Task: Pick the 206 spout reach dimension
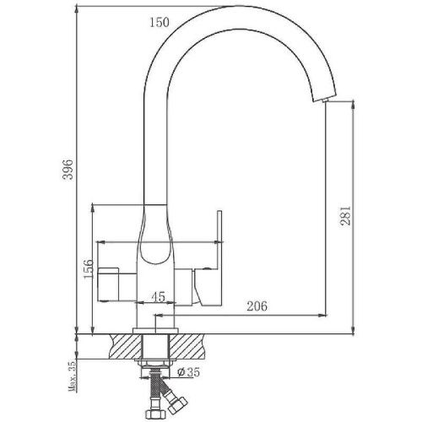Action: (257, 307)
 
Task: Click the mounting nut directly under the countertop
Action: (156, 362)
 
